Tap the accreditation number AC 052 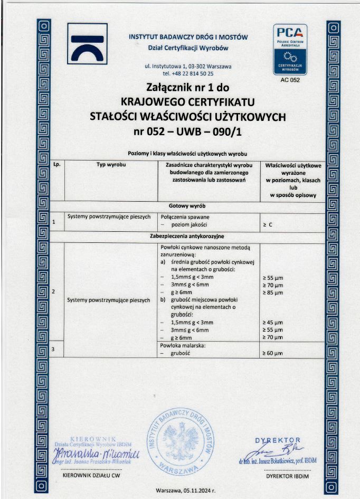tap(289, 80)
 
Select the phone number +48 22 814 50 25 tap(188, 73)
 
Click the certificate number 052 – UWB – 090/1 tap(188, 130)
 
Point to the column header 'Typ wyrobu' tap(109, 165)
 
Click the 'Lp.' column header tap(58, 165)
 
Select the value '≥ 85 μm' tap(273, 293)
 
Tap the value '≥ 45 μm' tap(273, 322)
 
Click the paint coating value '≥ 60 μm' tap(273, 352)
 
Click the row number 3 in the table tap(54, 350)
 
